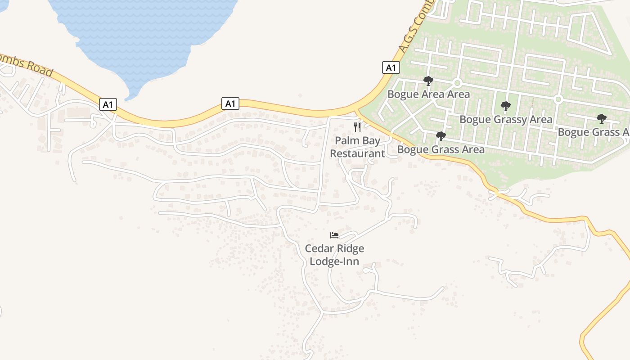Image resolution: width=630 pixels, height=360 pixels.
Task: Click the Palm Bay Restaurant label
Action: (x=357, y=147)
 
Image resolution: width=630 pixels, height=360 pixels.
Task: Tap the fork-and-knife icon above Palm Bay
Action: (x=357, y=127)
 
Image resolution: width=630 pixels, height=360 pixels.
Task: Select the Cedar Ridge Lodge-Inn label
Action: (x=334, y=255)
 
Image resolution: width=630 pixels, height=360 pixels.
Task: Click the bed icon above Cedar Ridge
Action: (x=334, y=235)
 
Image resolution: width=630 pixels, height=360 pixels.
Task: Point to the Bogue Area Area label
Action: (x=428, y=94)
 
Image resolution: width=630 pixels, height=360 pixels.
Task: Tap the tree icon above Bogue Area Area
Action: (x=428, y=81)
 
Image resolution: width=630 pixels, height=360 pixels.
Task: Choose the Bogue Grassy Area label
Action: (x=505, y=119)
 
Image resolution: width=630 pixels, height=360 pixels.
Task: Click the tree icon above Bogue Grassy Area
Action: (x=506, y=107)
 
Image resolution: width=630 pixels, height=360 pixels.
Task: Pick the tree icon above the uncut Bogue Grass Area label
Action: (x=441, y=136)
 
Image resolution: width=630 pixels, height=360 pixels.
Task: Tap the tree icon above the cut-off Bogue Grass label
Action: (x=601, y=119)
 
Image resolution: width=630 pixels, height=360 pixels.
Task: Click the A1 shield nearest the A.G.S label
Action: (x=391, y=67)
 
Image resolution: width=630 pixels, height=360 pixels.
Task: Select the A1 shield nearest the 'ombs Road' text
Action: (x=108, y=105)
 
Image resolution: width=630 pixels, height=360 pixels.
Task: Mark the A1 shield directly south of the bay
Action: (x=230, y=103)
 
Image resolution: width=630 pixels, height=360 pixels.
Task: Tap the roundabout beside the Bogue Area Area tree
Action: (x=457, y=83)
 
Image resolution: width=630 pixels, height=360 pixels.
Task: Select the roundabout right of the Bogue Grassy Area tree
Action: (x=558, y=99)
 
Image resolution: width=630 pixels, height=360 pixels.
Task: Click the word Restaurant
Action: (x=357, y=153)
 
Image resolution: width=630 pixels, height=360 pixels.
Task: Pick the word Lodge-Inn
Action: (x=334, y=261)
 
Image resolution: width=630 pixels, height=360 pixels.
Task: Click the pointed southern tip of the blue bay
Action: (x=128, y=99)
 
